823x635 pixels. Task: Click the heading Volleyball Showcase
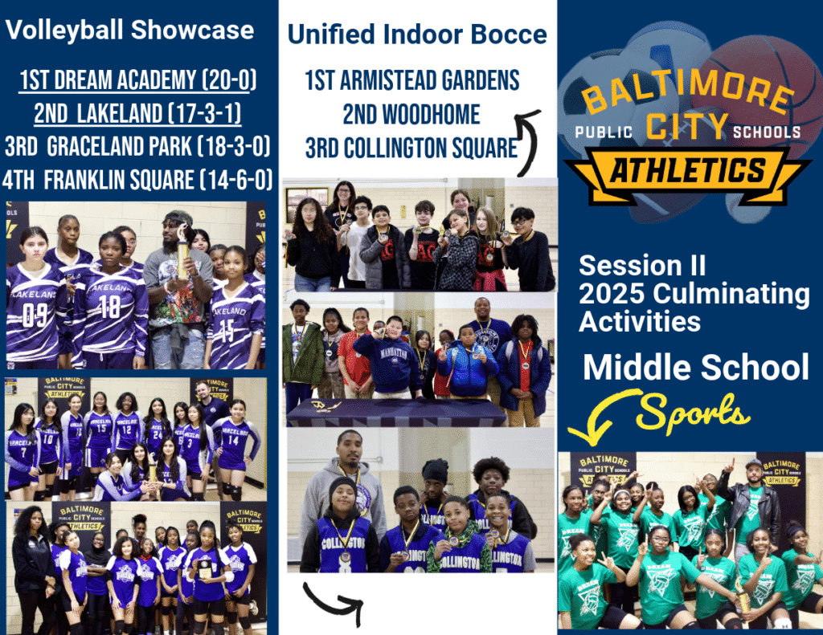pos(129,30)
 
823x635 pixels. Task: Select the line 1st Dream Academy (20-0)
pos(137,80)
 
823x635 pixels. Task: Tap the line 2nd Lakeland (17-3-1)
pos(137,113)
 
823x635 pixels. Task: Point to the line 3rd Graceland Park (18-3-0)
pos(137,146)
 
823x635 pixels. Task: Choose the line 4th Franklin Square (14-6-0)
pos(137,180)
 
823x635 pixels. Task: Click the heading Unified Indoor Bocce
pos(417,35)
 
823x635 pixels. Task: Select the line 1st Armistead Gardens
pos(412,81)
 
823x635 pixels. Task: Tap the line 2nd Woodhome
pos(411,114)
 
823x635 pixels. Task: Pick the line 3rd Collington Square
pos(411,148)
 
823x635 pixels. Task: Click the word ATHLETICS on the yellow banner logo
pos(688,171)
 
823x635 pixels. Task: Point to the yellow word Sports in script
pos(693,413)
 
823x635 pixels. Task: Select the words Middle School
pos(696,367)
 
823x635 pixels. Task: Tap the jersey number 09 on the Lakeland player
pos(35,315)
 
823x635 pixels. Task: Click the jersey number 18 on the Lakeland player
pos(110,306)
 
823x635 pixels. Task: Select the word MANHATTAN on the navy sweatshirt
pos(394,355)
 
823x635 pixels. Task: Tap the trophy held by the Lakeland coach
pos(183,252)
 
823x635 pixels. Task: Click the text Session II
pos(642,266)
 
